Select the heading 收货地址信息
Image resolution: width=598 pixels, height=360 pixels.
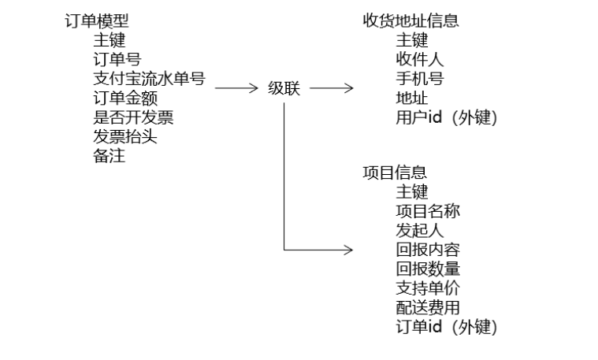410,21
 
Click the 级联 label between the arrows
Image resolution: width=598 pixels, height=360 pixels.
284,88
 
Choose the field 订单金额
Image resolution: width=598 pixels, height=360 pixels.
124,98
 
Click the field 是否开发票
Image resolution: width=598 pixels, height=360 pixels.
132,118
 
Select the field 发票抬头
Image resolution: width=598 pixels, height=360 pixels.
124,137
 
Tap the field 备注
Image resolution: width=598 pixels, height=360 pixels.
109,156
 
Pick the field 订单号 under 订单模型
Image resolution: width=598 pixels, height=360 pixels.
117,60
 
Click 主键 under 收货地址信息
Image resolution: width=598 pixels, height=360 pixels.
411,41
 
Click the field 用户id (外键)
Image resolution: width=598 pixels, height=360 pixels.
447,118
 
